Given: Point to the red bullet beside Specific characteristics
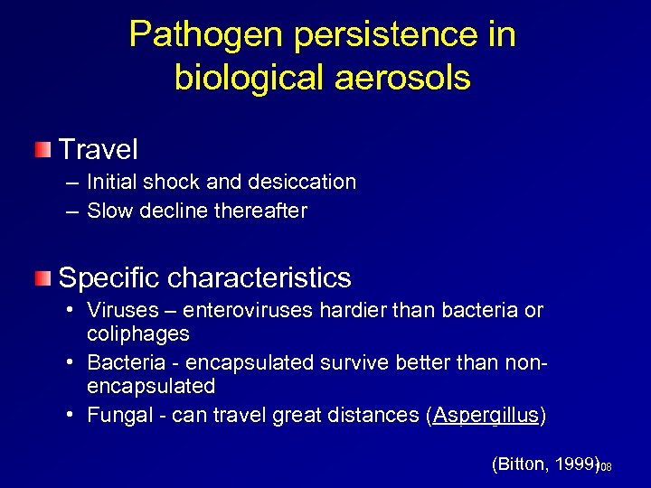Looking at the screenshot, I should coord(42,277).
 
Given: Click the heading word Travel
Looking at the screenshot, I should coord(98,149).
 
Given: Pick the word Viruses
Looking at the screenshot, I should coord(118,310).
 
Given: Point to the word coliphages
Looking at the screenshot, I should coord(138,333).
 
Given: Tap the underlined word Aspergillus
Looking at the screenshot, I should coord(486,415).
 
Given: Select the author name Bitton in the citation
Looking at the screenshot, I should coord(522,464).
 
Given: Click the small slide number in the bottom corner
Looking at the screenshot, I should coord(606,466).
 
